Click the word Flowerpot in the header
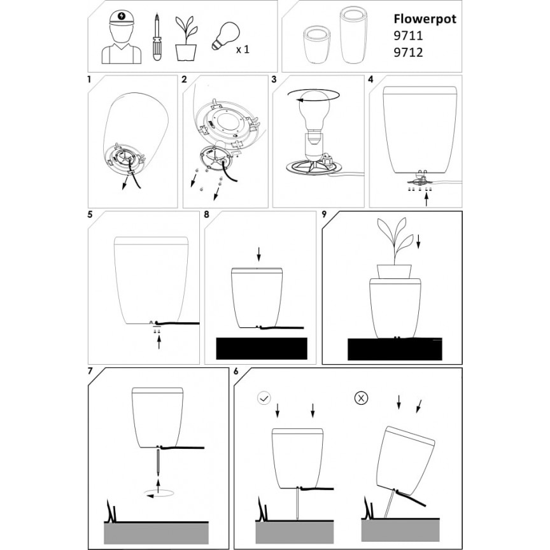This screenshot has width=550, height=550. pyautogui.click(x=425, y=19)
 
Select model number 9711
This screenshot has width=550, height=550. pyautogui.click(x=408, y=36)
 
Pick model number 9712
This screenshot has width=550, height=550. pyautogui.click(x=408, y=53)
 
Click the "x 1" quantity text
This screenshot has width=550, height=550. pyautogui.click(x=243, y=50)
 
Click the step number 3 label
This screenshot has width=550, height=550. pyautogui.click(x=274, y=80)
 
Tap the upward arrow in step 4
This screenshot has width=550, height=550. pyautogui.click(x=427, y=200)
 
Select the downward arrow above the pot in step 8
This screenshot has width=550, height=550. pyautogui.click(x=259, y=254)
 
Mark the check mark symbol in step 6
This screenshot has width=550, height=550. pyautogui.click(x=264, y=398)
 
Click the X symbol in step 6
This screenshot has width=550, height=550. pyautogui.click(x=362, y=398)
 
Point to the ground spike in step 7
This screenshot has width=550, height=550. pyautogui.click(x=159, y=463)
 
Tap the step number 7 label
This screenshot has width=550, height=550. pyautogui.click(x=90, y=371)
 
